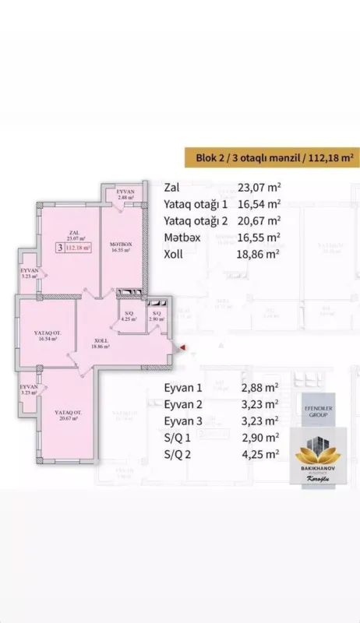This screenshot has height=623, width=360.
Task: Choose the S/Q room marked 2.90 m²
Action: [x=157, y=316]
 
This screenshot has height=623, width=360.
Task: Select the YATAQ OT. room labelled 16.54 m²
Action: [x=46, y=336]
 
